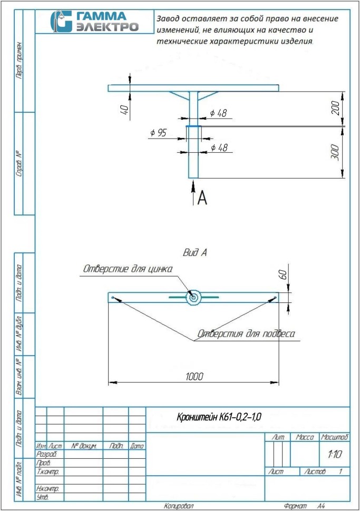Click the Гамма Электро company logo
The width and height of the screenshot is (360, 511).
[94, 21]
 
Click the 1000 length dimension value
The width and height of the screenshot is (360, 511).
[194, 376]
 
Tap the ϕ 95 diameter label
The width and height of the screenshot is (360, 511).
[158, 133]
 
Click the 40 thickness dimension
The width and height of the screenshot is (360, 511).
[125, 110]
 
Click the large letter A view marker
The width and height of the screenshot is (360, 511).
[201, 198]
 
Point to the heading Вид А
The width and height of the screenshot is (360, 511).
[194, 253]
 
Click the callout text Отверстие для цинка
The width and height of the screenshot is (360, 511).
[127, 269]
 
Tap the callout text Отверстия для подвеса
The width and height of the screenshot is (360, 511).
[246, 333]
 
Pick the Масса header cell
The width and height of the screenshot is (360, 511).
[305, 437]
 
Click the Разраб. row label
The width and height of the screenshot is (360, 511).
[45, 454]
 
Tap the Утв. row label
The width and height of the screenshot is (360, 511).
[42, 497]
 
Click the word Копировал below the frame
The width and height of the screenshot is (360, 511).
[179, 506]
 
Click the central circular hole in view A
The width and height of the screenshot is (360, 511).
[194, 298]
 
